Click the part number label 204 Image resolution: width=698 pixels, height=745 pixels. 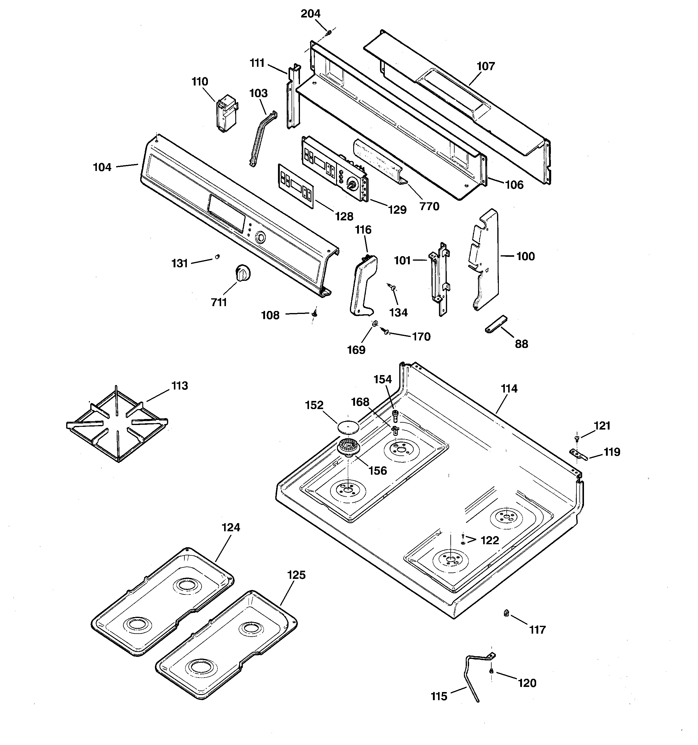click(x=310, y=14)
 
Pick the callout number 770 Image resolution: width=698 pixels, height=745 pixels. click(x=429, y=206)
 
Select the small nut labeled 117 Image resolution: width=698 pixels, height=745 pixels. click(x=506, y=613)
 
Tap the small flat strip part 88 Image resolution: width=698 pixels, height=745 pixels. click(x=496, y=324)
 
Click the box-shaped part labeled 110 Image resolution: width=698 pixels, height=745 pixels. click(x=226, y=114)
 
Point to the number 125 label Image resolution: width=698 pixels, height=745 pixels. click(x=296, y=575)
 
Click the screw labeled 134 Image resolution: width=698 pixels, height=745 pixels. click(x=392, y=287)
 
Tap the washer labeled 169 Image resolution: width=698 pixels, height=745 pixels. click(x=374, y=323)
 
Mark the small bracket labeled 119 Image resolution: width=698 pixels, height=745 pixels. click(x=577, y=454)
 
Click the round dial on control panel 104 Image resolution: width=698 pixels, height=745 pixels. click(x=260, y=237)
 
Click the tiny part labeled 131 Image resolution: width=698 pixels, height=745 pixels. click(x=217, y=257)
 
